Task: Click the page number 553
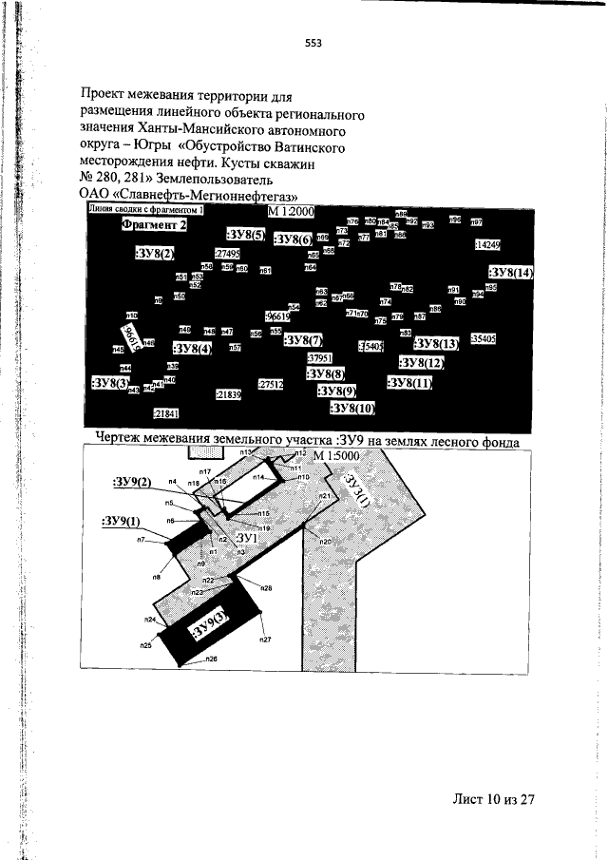click(x=313, y=42)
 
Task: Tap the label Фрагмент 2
click(x=153, y=225)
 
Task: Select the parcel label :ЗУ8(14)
click(x=511, y=273)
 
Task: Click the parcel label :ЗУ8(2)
click(x=155, y=254)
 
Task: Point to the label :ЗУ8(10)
click(x=353, y=408)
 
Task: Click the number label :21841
click(x=166, y=413)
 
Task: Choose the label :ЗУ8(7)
click(x=304, y=340)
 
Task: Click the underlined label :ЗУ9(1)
click(x=121, y=521)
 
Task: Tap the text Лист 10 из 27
click(x=494, y=799)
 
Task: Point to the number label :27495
click(x=227, y=254)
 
